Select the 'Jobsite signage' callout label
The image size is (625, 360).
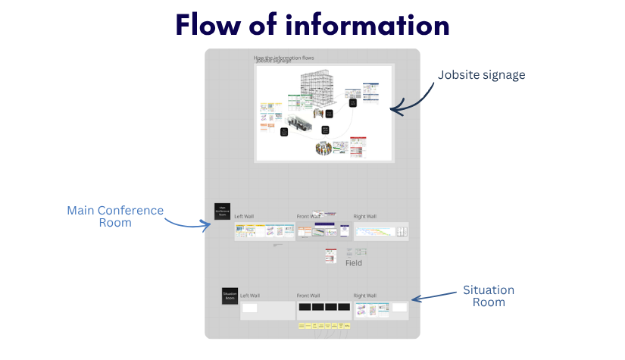pos(481,75)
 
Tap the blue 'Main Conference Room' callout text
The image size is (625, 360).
pos(115,216)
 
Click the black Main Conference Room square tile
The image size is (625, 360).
pos(222,211)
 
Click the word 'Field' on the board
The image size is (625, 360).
pos(354,263)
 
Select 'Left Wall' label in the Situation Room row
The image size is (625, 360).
pos(250,295)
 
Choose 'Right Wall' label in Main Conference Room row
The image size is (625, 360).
pos(364,217)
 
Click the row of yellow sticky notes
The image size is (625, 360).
pos(324,326)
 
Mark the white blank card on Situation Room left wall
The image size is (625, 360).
pos(249,308)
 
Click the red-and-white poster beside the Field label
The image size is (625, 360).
pos(330,256)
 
